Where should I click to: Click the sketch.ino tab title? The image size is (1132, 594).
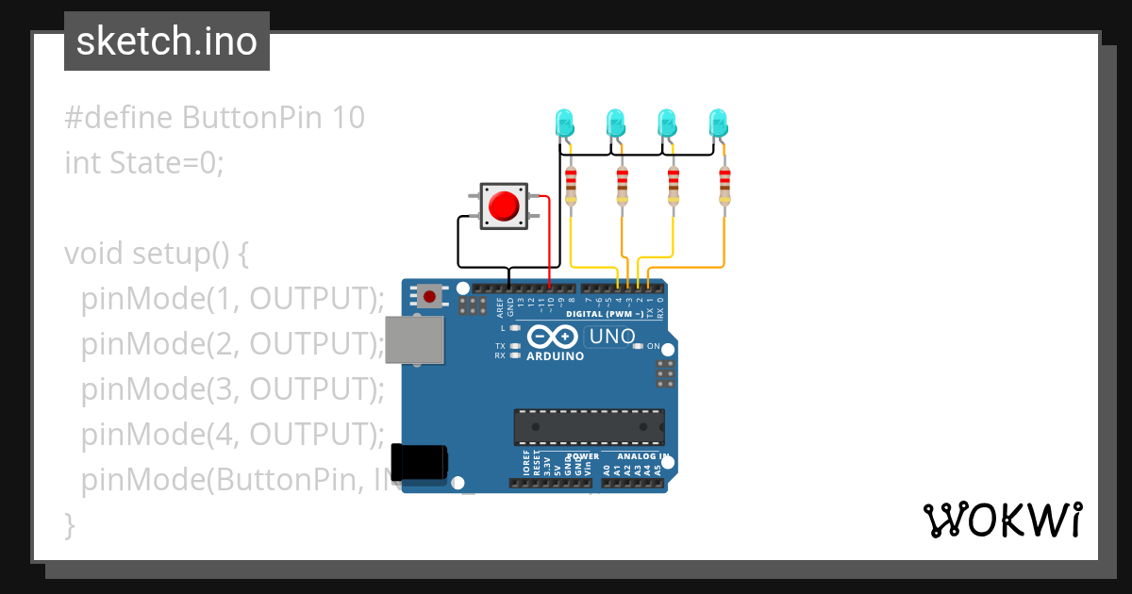click(167, 41)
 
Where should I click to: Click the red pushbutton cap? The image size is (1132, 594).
click(506, 205)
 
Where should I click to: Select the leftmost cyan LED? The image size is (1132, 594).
click(565, 123)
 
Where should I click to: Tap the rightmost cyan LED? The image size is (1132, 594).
click(719, 123)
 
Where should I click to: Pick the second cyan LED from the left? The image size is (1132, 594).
click(616, 123)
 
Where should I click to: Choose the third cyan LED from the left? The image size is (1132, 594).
click(667, 123)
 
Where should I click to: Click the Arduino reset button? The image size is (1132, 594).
click(430, 296)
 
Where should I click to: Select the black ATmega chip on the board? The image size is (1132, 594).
click(589, 427)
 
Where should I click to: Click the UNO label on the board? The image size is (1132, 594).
click(612, 336)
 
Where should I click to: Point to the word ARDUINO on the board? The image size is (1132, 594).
click(555, 356)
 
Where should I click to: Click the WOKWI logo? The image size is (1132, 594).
click(1002, 520)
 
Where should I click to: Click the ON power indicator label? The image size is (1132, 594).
click(653, 346)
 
